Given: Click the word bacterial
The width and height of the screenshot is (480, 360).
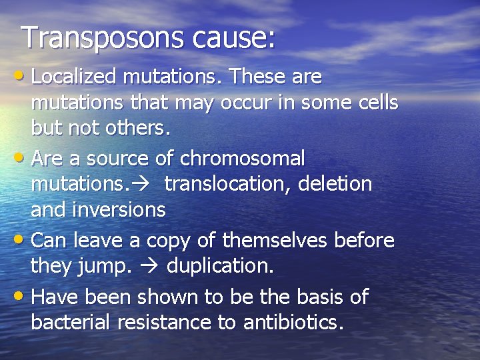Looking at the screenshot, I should [71, 323].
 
